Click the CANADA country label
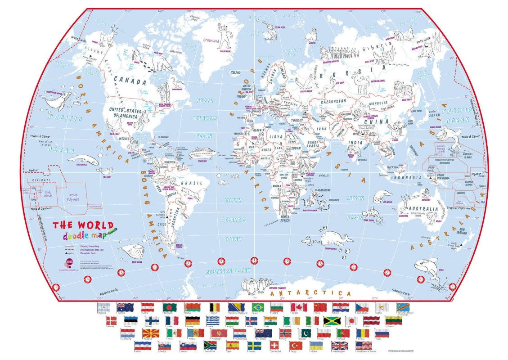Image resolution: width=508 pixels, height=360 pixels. click(x=130, y=81)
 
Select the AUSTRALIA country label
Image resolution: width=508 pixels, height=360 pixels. click(x=423, y=209)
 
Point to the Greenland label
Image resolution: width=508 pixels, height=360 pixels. click(x=211, y=40)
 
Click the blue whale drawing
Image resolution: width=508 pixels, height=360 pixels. click(x=132, y=250)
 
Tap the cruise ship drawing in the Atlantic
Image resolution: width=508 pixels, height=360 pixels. click(x=203, y=153)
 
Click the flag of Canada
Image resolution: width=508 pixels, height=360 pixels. click(x=298, y=307)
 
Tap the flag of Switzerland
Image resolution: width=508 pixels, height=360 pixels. click(x=274, y=345)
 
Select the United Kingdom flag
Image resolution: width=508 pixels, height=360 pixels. click(x=340, y=346)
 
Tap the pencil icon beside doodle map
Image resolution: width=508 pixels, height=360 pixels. click(x=111, y=231)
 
